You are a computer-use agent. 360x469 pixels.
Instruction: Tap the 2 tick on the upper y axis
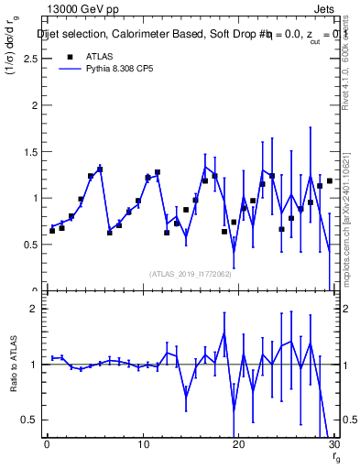point(35,104)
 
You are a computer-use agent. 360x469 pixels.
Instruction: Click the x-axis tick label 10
point(142,445)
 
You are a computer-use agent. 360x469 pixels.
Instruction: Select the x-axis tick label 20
point(238,445)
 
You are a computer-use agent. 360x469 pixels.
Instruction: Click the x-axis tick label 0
point(47,445)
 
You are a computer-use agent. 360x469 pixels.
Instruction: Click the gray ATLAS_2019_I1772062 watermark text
point(190,274)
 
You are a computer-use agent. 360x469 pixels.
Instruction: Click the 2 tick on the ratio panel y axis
point(35,309)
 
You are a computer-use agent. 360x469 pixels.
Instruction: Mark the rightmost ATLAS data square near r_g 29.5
point(329,180)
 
